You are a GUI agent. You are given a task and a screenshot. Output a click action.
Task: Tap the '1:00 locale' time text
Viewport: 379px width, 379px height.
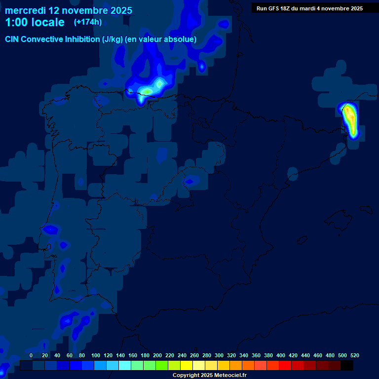point(35,22)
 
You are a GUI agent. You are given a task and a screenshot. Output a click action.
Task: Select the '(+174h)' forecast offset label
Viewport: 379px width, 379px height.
point(88,22)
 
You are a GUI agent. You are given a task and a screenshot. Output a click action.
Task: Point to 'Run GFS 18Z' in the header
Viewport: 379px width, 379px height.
point(273,8)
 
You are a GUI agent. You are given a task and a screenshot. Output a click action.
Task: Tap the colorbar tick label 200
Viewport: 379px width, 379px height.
point(157,356)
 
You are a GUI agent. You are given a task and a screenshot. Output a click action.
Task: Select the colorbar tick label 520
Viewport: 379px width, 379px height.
point(354,356)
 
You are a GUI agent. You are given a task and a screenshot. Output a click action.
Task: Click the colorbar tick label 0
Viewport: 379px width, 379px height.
point(31,356)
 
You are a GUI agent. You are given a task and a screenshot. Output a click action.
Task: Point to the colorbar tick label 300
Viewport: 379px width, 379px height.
point(219,356)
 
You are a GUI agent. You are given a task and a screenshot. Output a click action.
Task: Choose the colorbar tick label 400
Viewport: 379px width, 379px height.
point(281,356)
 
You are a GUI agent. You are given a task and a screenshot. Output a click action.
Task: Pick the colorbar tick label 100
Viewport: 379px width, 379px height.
point(96,356)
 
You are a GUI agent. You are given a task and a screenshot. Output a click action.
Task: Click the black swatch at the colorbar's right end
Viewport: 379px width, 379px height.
point(347,365)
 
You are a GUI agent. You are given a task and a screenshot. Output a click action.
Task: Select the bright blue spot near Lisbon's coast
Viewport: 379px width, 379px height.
point(50,229)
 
